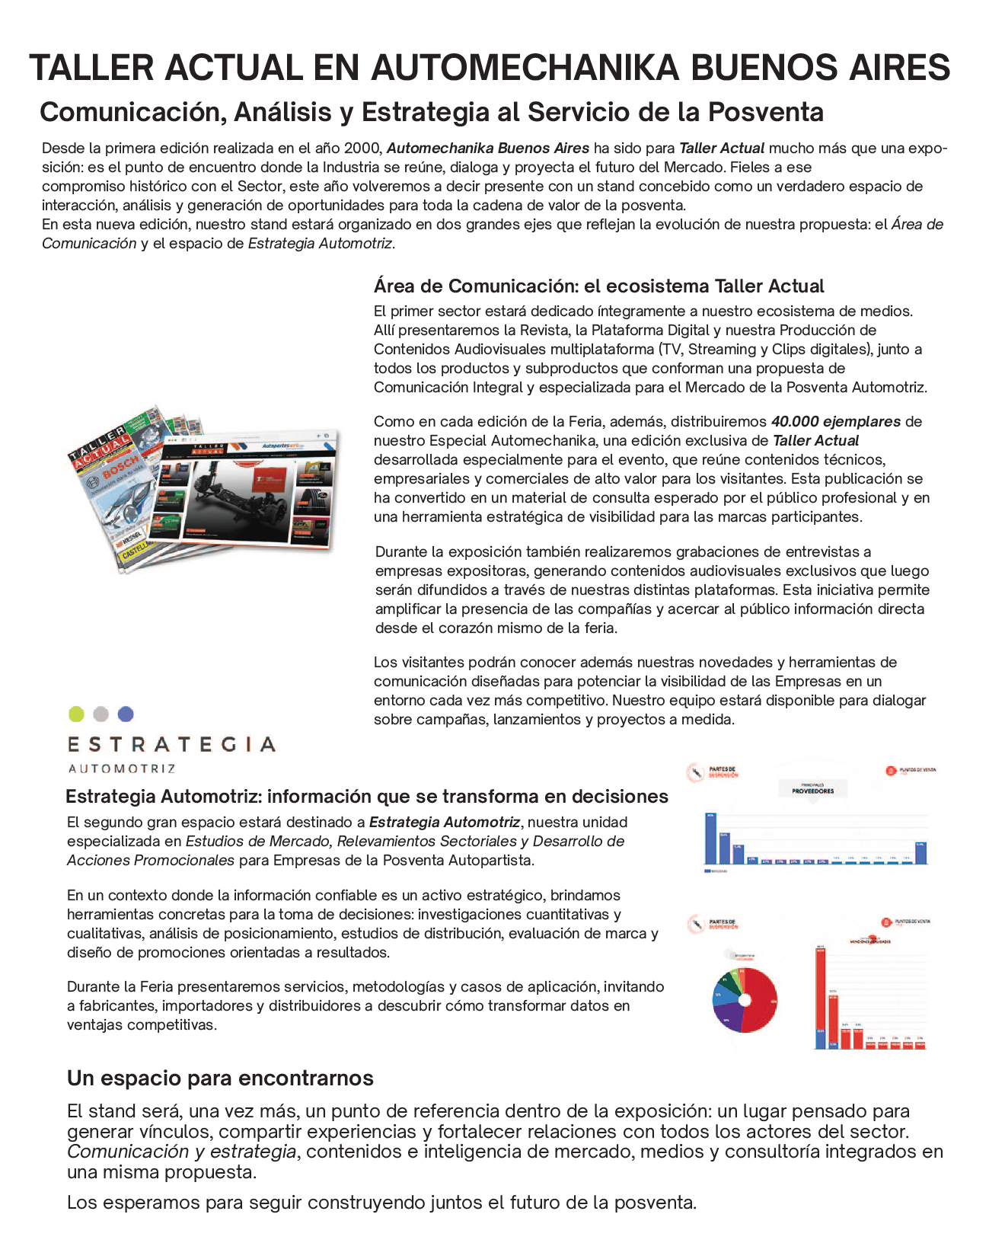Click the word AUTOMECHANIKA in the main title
coord(525,68)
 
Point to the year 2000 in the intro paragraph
coord(362,148)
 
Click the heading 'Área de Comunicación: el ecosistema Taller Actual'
coord(598,286)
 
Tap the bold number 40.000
coord(795,421)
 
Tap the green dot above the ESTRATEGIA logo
coord(76,714)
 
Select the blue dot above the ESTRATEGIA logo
coord(126,714)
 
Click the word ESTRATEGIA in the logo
coord(171,744)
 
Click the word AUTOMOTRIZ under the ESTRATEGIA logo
coord(122,769)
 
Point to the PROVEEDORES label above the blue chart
coord(812,791)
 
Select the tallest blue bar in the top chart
coord(710,839)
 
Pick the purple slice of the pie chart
coord(729,1018)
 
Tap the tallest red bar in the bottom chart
coord(821,998)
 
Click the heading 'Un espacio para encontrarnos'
coord(220,1078)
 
